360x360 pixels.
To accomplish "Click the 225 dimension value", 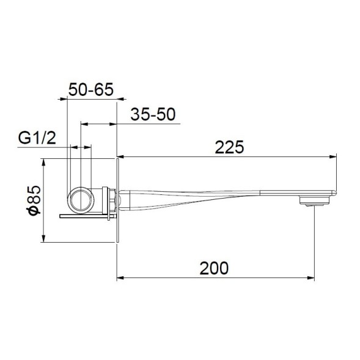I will tap(229, 147).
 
